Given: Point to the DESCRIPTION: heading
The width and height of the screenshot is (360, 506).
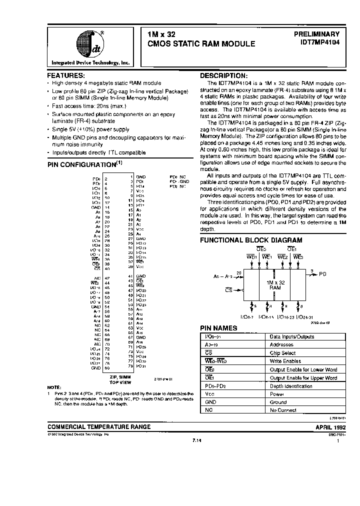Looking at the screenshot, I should (223, 74).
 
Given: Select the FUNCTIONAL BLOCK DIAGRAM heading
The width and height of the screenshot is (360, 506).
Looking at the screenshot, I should (251, 240).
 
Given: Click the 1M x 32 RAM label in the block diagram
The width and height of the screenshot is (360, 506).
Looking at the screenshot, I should (274, 285).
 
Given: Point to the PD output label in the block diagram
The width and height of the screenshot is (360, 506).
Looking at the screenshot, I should (323, 274).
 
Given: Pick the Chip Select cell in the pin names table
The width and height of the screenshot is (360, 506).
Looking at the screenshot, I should (282, 353).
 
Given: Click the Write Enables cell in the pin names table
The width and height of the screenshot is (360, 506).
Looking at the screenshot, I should (284, 361).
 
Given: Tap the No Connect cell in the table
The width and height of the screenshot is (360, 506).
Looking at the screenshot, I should (283, 410).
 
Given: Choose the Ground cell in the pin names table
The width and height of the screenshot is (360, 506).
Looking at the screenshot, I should (278, 402).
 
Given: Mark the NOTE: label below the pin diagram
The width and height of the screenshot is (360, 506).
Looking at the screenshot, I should (53, 387).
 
